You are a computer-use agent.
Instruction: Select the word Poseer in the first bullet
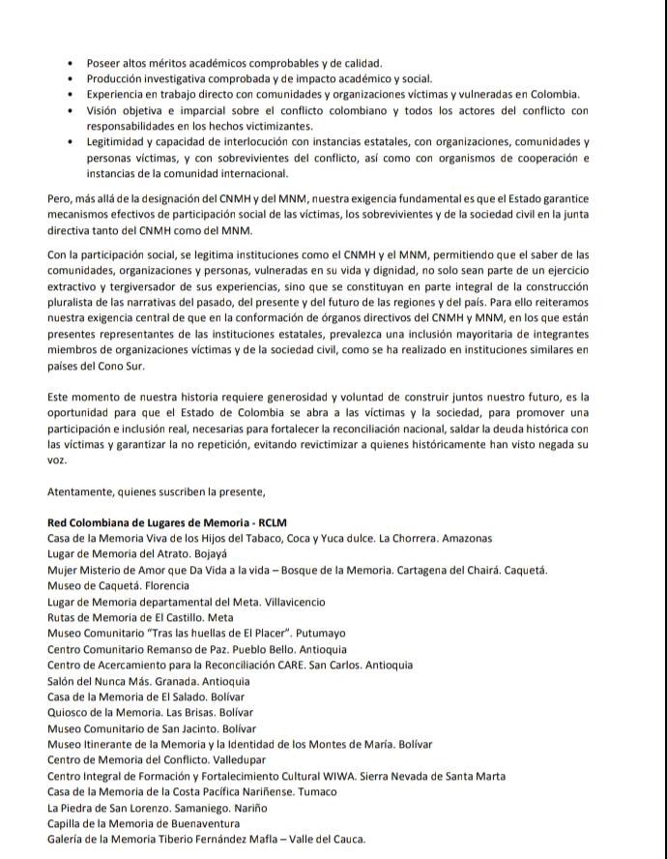104,63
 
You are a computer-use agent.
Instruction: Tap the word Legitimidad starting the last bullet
120,141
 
